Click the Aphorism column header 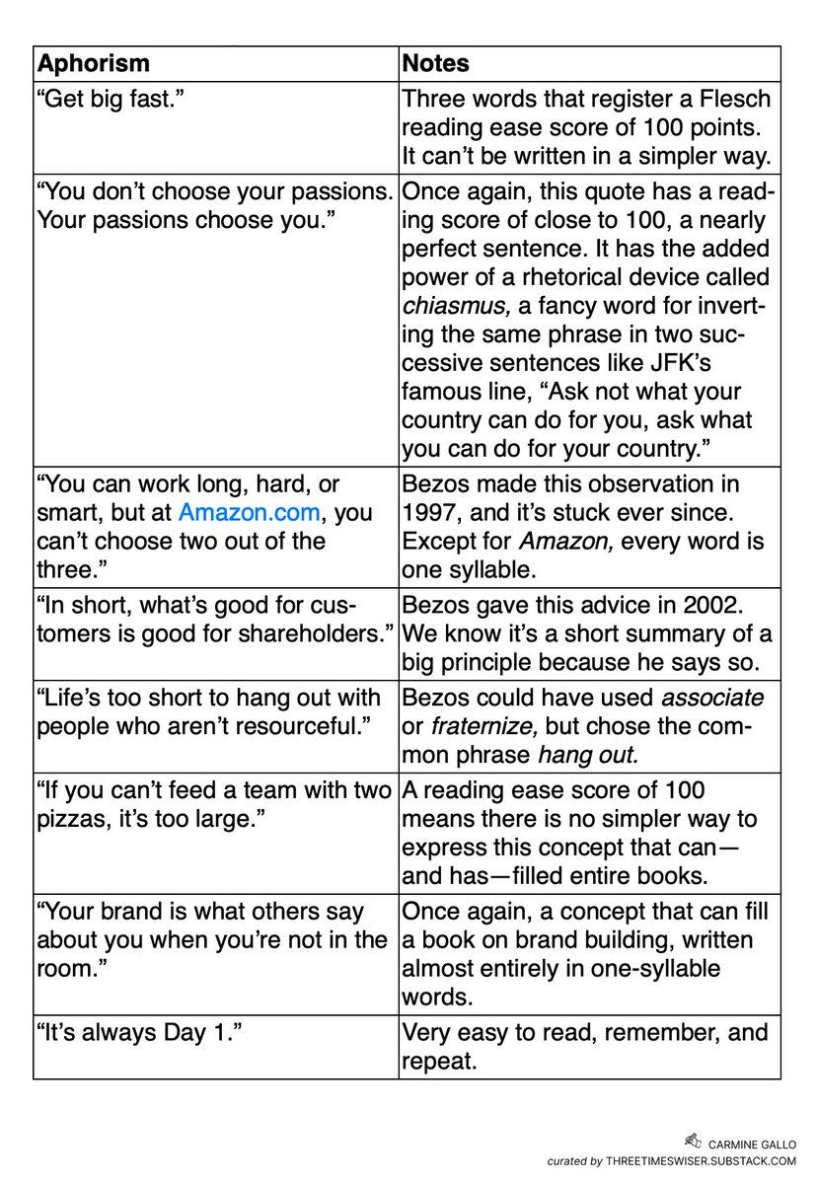click(93, 64)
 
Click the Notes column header click(435, 64)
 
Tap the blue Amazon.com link click(250, 512)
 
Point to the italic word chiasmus click(441, 306)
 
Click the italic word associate click(713, 697)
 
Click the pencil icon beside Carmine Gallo click(691, 1141)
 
